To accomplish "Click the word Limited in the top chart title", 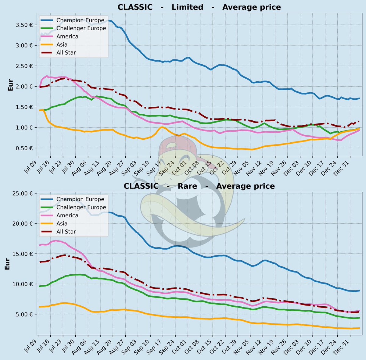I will coord(187,7).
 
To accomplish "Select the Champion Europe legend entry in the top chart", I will coord(80,20).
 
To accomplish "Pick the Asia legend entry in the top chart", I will coord(62,45).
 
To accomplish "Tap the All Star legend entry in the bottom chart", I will coord(66,232).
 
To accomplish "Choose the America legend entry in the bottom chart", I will coord(67,216).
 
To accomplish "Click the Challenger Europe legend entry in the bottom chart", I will coord(81,207).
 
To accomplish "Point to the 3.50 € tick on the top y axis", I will coord(25,25).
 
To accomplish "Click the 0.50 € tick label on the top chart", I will coord(25,148).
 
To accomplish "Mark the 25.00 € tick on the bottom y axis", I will coord(23,194).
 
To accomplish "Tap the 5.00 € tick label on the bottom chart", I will coord(25,314).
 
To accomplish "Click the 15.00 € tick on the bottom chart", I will coord(23,254).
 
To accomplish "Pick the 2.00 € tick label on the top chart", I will coord(25,87).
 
